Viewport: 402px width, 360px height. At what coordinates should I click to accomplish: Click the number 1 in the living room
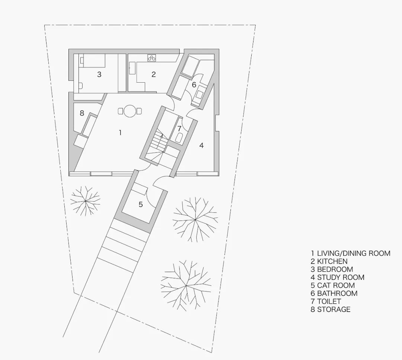[120, 133]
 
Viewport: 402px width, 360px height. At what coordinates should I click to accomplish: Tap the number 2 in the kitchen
[154, 74]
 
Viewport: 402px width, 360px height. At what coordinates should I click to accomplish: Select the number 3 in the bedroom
[99, 74]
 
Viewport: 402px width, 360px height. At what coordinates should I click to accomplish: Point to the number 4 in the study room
[201, 146]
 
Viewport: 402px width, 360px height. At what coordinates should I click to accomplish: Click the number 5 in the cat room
[141, 204]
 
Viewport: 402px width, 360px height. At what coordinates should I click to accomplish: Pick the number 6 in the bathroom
[194, 85]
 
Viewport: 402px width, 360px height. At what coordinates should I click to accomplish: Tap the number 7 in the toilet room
[179, 128]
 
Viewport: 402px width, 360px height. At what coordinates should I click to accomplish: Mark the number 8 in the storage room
[82, 113]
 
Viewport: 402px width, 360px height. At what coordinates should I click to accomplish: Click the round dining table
[130, 111]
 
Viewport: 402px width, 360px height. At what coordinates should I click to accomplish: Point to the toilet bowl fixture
[179, 138]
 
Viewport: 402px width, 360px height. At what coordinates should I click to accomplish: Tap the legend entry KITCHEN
[329, 261]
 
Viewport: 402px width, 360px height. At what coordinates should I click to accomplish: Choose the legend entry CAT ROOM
[333, 286]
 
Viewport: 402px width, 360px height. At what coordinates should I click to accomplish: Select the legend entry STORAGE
[331, 309]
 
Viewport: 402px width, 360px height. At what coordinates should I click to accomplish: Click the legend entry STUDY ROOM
[337, 277]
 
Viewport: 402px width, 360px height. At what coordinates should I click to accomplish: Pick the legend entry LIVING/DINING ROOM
[351, 253]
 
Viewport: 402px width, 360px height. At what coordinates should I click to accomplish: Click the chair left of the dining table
[121, 111]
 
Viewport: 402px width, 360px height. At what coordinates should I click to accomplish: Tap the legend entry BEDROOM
[332, 269]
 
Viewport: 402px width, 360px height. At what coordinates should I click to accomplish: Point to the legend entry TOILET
[326, 301]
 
